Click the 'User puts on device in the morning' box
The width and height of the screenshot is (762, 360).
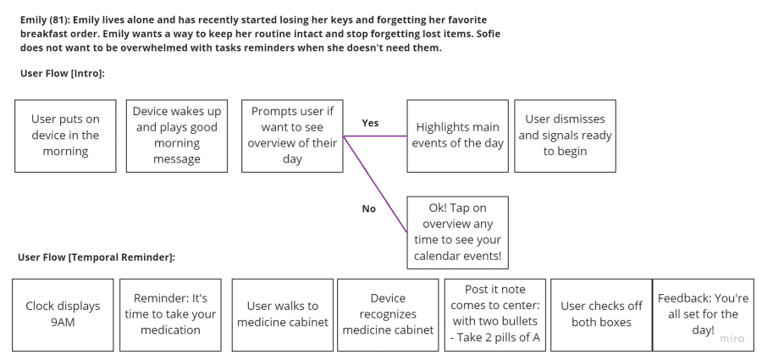pyautogui.click(x=65, y=136)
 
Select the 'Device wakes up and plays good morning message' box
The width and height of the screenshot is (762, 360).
pyautogui.click(x=177, y=136)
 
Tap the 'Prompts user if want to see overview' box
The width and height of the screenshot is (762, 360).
pyautogui.click(x=292, y=136)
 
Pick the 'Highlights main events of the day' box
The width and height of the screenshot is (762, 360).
pyautogui.click(x=458, y=136)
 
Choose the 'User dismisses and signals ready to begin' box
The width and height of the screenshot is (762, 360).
pyautogui.click(x=566, y=136)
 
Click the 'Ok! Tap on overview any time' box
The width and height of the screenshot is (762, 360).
pyautogui.click(x=458, y=233)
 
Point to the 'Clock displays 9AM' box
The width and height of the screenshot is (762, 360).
pyautogui.click(x=63, y=315)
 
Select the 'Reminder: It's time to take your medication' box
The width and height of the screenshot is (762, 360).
pyautogui.click(x=170, y=315)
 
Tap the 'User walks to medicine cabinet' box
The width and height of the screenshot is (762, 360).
pyautogui.click(x=282, y=315)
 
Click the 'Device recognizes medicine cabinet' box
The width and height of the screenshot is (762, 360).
pyautogui.click(x=388, y=315)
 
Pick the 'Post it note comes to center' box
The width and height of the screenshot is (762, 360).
pyautogui.click(x=495, y=315)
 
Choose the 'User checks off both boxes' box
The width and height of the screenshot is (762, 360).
pyautogui.click(x=601, y=315)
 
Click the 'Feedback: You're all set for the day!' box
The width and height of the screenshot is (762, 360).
pyautogui.click(x=704, y=315)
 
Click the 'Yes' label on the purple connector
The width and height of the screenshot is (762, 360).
pyautogui.click(x=370, y=123)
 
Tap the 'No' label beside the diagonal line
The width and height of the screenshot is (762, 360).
pyautogui.click(x=369, y=208)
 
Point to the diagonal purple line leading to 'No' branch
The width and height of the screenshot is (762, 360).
pyautogui.click(x=375, y=185)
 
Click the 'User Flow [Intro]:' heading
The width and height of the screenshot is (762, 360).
pyautogui.click(x=63, y=74)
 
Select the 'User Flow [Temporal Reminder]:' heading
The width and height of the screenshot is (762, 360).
pyautogui.click(x=97, y=258)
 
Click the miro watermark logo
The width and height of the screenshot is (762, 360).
pyautogui.click(x=732, y=339)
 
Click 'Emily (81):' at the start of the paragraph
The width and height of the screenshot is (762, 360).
pyautogui.click(x=45, y=20)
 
